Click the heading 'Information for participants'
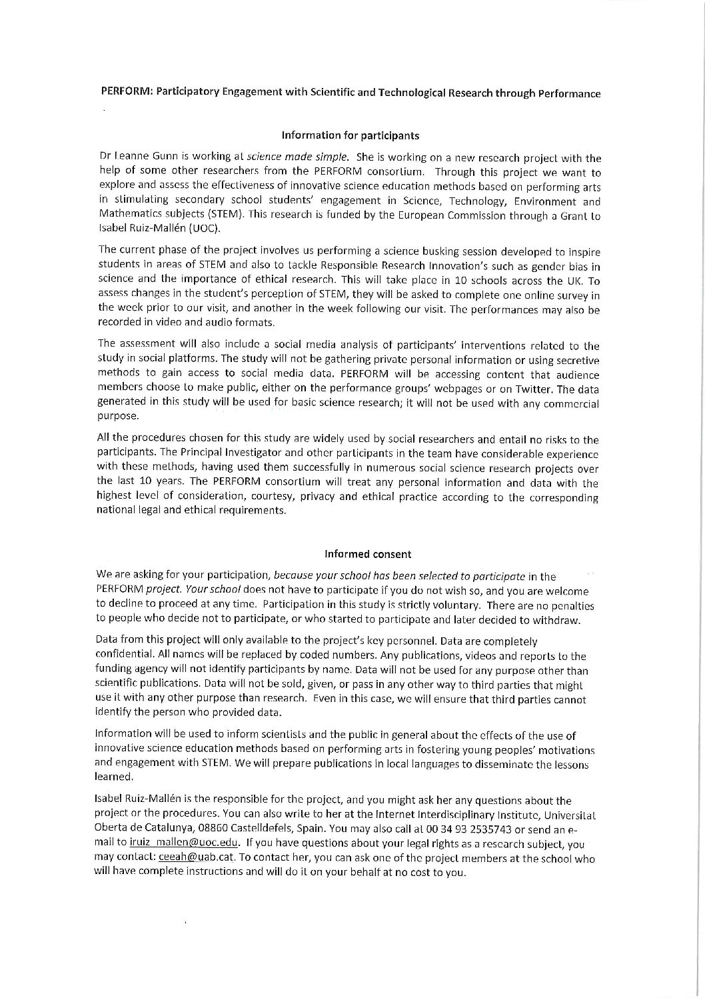(351, 135)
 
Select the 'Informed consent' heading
(367, 553)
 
